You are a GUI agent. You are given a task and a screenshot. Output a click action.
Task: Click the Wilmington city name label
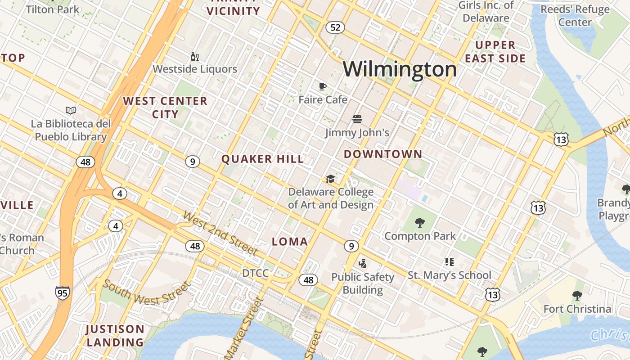click(400, 69)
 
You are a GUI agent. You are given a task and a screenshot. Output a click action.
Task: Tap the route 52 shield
click(335, 27)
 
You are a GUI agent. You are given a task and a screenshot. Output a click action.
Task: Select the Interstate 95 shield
click(63, 293)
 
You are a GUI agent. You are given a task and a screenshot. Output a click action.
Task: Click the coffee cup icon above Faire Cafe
click(322, 86)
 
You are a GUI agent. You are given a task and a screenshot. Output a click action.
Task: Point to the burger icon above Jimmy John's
click(357, 119)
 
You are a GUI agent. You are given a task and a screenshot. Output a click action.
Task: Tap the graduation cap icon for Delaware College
click(331, 179)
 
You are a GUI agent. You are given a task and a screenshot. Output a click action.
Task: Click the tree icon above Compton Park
click(420, 222)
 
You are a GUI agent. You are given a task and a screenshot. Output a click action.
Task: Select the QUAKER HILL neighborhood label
click(263, 159)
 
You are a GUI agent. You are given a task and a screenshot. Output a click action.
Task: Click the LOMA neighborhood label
click(290, 242)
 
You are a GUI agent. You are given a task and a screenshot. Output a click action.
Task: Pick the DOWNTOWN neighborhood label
click(383, 154)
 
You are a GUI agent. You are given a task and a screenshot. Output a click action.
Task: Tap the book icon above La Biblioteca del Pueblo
click(71, 110)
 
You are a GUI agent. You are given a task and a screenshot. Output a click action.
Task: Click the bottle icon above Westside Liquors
click(195, 56)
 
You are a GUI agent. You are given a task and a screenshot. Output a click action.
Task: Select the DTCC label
click(255, 273)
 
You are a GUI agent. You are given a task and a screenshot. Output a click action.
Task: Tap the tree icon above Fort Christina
click(577, 296)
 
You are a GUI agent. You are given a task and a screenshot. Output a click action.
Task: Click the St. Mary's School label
click(450, 275)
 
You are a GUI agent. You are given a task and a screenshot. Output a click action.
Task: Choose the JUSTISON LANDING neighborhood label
click(115, 336)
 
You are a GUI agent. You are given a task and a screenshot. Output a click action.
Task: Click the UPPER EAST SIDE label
click(495, 52)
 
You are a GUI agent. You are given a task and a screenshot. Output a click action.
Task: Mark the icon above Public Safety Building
click(362, 263)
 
